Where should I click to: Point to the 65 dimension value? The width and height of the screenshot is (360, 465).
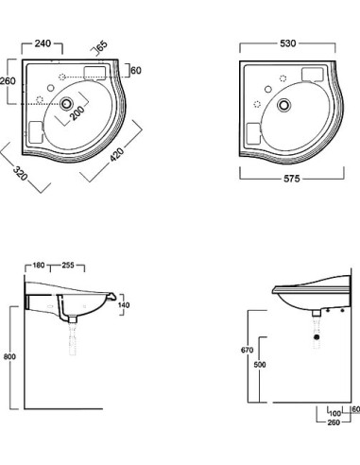click(101, 44)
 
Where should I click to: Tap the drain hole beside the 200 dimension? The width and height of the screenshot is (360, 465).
click(65, 107)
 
